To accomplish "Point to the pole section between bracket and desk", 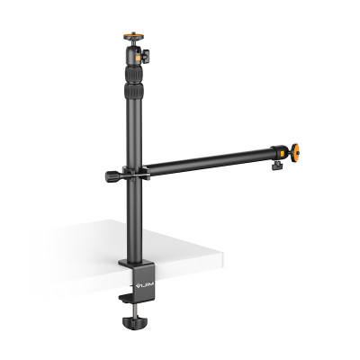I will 135,216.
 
